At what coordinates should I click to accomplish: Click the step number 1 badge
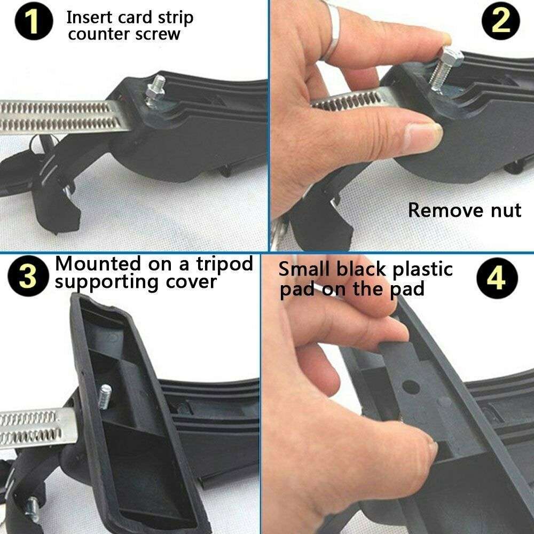(x=34, y=21)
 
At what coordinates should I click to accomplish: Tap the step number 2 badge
(x=501, y=21)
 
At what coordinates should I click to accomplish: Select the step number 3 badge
(x=28, y=276)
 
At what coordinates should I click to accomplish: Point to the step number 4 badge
(x=497, y=278)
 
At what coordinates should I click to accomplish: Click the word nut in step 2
(x=506, y=210)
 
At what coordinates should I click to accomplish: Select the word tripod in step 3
(x=225, y=264)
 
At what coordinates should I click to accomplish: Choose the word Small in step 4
(x=305, y=269)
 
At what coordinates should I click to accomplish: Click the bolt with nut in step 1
(x=156, y=92)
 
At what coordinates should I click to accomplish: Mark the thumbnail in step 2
(x=424, y=136)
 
